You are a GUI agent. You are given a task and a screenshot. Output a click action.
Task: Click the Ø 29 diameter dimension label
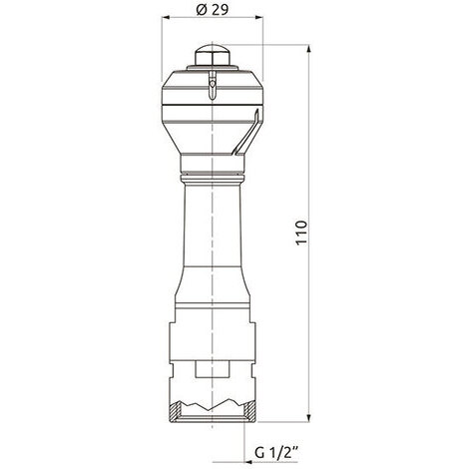click(x=213, y=10)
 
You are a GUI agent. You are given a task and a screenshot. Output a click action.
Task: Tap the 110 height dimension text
click(x=301, y=233)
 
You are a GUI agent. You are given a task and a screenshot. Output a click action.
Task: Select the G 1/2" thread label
click(x=276, y=453)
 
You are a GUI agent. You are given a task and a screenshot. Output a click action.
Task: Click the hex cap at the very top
click(x=212, y=55)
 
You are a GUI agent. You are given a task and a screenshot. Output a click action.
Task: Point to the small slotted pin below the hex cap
click(x=213, y=85)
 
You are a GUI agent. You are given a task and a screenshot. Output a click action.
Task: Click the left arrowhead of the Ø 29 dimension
click(x=166, y=18)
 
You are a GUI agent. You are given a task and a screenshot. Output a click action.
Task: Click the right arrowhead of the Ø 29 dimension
click(x=258, y=18)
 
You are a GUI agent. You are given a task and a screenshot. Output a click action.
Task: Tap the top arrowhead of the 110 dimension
click(x=309, y=49)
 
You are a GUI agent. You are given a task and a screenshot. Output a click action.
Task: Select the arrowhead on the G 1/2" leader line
click(x=248, y=462)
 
